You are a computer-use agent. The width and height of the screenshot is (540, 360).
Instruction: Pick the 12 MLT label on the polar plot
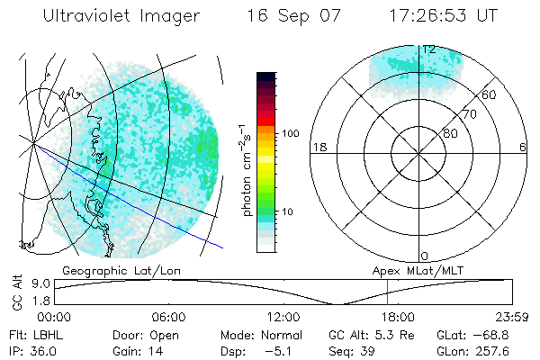[x=429, y=49]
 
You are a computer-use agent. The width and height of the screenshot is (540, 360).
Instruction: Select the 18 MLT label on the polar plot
[x=318, y=147]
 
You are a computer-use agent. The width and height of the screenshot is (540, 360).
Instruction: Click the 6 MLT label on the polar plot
[x=522, y=147]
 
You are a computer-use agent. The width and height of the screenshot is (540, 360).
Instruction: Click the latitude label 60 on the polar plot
[x=489, y=94]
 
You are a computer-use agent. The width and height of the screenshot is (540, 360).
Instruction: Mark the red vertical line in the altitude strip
[x=387, y=292]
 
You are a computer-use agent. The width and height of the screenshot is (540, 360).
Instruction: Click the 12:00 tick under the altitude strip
[x=283, y=317]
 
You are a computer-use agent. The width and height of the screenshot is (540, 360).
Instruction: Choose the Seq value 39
[x=369, y=350]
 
